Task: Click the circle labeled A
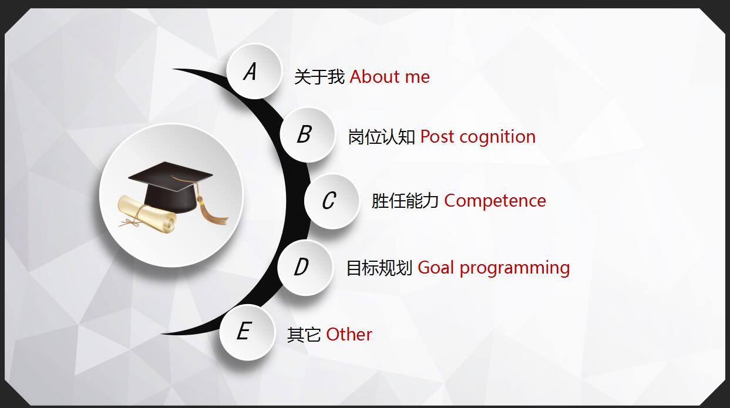coord(254,72)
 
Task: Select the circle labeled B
coord(307,135)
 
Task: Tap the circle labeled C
coord(332,201)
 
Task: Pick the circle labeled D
coord(305,268)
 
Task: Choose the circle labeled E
coord(247,332)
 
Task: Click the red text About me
coord(390,77)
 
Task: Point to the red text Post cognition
coord(478,137)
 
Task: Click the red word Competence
coord(495,200)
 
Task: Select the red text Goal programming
coord(494,268)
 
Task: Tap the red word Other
coord(349,335)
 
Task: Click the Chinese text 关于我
coord(319,77)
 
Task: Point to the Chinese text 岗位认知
coord(382,137)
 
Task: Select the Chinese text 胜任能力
coord(405,201)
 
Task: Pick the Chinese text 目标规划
coord(379,268)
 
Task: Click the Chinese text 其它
coord(304,335)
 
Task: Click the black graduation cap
coord(171,187)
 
